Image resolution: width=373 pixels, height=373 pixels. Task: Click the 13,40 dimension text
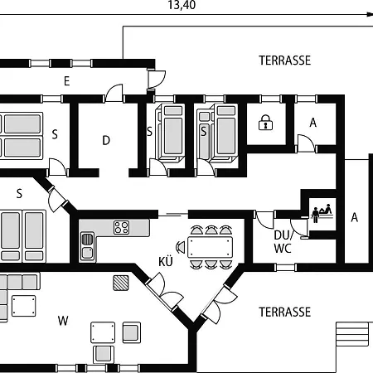[182, 5]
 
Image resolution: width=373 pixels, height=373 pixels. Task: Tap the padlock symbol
[265, 123]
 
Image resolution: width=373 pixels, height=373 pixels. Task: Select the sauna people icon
[322, 212]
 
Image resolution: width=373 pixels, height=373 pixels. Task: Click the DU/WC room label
[283, 242]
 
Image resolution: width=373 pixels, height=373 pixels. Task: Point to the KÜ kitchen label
[166, 261]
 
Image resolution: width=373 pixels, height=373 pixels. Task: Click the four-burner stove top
[121, 228]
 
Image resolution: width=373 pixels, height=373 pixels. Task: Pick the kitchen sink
[87, 247]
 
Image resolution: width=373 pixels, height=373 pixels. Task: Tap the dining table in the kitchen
[210, 247]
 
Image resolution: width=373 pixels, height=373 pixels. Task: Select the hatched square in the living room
[121, 283]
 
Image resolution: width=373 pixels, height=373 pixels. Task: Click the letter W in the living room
[63, 321]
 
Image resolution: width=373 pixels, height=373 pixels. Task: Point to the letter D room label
[106, 140]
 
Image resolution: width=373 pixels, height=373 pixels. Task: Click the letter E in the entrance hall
[66, 81]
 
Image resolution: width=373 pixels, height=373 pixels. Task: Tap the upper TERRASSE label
[285, 61]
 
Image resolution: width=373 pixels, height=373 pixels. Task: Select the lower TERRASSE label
[285, 312]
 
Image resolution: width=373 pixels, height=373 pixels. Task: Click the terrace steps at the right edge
[352, 334]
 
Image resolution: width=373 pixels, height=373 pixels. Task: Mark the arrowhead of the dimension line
[370, 14]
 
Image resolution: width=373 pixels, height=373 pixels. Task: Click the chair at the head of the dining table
[180, 247]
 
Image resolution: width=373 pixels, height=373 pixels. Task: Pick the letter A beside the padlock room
[313, 123]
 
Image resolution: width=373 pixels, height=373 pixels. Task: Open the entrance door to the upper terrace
[157, 80]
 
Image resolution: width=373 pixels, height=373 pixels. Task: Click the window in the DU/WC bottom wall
[285, 267]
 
